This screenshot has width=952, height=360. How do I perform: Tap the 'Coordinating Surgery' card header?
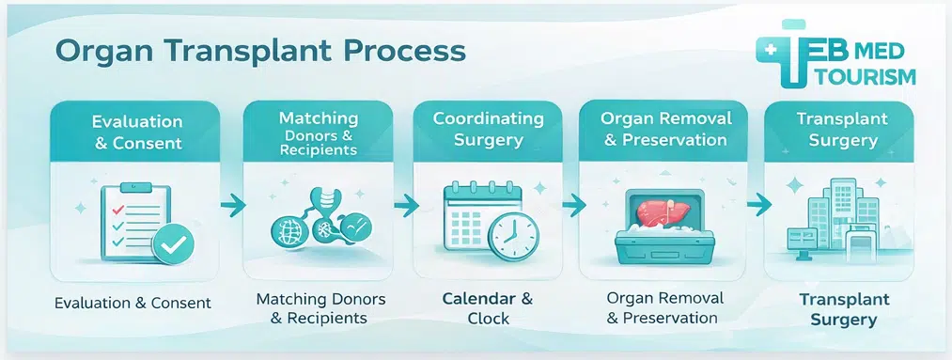coord(488,130)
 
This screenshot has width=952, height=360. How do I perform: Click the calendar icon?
coord(475,220)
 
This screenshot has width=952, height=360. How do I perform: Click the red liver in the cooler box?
coord(662,212)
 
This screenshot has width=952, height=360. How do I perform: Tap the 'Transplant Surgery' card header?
coord(836,130)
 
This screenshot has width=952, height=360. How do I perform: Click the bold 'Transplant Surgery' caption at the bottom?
coord(836,310)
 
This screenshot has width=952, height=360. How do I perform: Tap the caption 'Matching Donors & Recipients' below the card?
coord(311,308)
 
